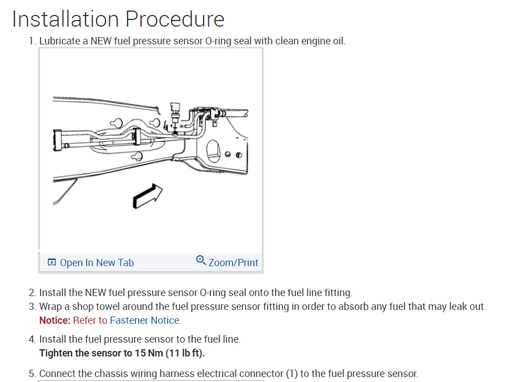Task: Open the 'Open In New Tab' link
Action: [97, 262]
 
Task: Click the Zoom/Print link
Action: [233, 262]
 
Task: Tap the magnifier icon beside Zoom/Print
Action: [201, 260]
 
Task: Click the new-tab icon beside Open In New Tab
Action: [52, 262]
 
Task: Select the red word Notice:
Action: [55, 320]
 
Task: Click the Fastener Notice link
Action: [145, 320]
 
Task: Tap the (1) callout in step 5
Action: [292, 373]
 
